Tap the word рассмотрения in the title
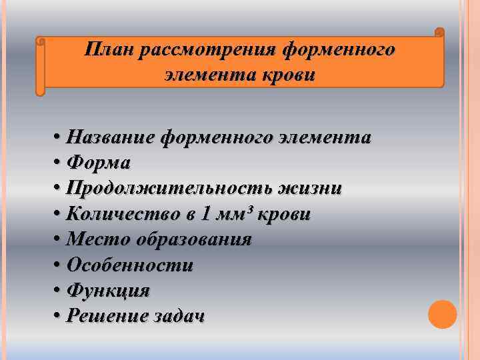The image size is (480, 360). (208, 50)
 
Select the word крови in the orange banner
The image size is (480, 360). (289, 75)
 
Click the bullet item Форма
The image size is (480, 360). (99, 163)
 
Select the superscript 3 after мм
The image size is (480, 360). (251, 209)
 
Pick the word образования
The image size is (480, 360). (194, 239)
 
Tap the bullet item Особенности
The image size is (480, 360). (130, 265)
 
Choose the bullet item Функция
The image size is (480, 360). (108, 291)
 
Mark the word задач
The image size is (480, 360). (176, 316)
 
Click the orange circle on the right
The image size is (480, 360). (442, 314)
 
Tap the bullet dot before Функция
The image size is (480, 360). (59, 291)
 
